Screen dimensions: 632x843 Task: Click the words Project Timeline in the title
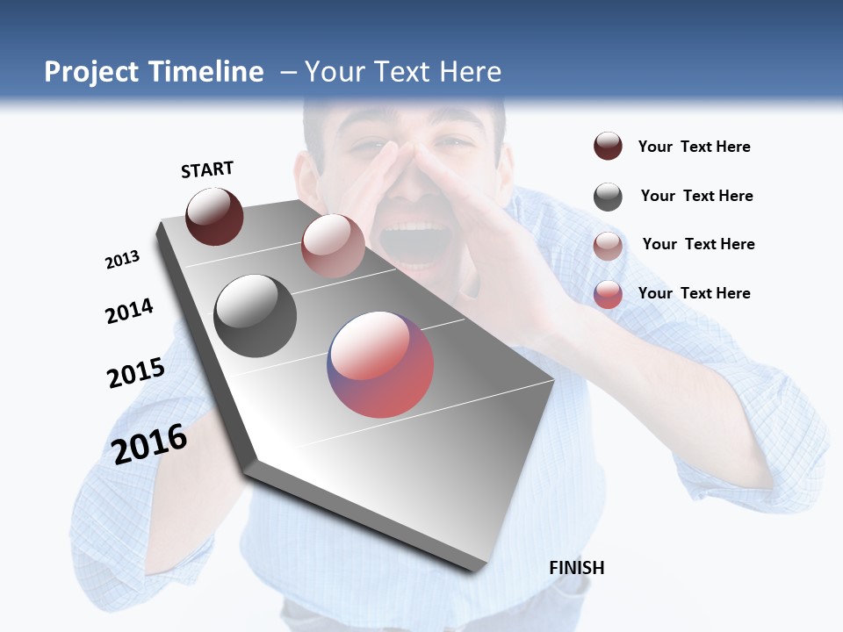pos(154,72)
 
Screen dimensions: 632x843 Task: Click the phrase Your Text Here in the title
pos(403,72)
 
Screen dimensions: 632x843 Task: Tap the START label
pos(207,169)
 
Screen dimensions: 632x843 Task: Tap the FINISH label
pos(577,568)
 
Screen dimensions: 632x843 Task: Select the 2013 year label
pos(122,260)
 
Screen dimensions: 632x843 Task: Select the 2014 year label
pos(129,311)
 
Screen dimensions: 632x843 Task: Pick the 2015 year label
pos(136,373)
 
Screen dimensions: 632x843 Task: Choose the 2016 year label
pos(149,443)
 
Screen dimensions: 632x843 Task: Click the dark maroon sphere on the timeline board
pos(214,216)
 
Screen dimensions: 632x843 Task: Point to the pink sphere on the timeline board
pos(333,246)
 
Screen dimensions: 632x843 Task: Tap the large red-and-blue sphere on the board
pos(380,364)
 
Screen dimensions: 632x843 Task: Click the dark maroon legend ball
pos(608,146)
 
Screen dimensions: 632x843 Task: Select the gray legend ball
pos(608,197)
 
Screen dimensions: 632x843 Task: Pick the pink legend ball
pos(608,246)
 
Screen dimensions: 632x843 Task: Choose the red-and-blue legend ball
pos(608,294)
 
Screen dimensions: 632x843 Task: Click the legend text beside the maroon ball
pos(694,147)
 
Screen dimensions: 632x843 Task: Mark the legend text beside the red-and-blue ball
pos(694,293)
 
